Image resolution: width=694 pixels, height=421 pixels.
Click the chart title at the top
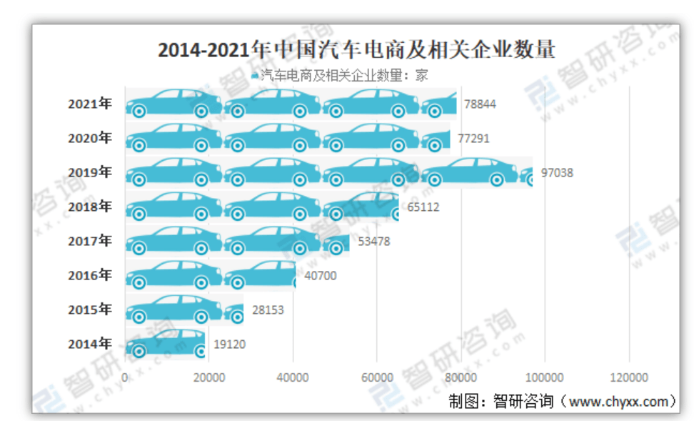tap(356, 49)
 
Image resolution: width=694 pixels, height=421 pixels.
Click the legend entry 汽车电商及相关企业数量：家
tap(343, 74)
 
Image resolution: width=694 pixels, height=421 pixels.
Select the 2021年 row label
tap(90, 104)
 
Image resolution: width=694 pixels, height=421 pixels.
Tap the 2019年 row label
tap(90, 172)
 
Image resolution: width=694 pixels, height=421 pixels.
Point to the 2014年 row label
tap(90, 344)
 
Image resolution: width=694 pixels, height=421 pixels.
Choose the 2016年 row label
tap(90, 275)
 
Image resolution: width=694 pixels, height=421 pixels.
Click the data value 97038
tap(557, 172)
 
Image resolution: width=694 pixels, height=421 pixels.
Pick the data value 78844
tap(480, 104)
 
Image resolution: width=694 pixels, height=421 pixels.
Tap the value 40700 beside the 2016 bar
tap(319, 275)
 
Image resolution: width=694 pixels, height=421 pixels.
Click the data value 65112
tap(423, 207)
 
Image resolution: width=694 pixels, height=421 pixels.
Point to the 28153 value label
tap(268, 310)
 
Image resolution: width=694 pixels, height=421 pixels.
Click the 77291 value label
tap(473, 138)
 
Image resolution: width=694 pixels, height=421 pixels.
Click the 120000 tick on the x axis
tap(629, 377)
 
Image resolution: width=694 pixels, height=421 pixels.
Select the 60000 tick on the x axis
tap(377, 377)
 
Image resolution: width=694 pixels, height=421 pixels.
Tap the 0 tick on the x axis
tap(126, 377)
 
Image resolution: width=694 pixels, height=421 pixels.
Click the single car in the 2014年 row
tap(166, 344)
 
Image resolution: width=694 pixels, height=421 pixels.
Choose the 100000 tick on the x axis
tap(545, 377)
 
